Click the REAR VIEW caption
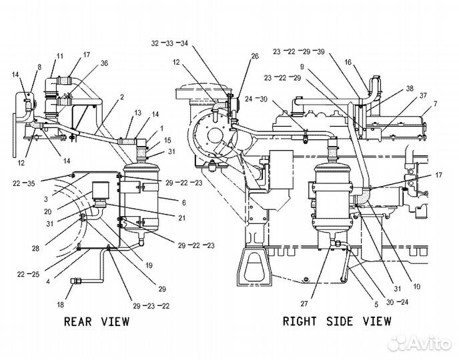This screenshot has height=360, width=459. click(97, 321)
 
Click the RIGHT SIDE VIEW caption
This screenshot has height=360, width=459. click(337, 321)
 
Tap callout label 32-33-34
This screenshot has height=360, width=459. click(169, 43)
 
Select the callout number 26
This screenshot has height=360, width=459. click(255, 56)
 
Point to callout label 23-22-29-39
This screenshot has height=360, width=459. click(299, 51)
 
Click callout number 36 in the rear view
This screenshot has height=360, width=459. click(104, 63)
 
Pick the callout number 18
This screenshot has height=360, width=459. click(60, 305)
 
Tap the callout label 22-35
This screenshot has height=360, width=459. click(24, 183)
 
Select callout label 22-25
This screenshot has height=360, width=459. click(29, 274)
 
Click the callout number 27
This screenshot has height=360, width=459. click(304, 303)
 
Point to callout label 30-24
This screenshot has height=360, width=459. click(397, 302)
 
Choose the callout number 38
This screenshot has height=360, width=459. click(410, 88)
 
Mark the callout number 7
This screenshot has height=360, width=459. click(435, 103)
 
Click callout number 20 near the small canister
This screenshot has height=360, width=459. click(48, 211)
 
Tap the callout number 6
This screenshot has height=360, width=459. click(183, 203)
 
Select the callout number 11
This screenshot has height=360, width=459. click(60, 56)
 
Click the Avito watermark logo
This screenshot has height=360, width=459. click(418, 343)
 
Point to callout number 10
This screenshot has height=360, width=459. click(416, 286)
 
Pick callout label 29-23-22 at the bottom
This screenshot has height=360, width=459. click(151, 306)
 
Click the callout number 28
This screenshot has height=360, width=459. click(35, 248)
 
